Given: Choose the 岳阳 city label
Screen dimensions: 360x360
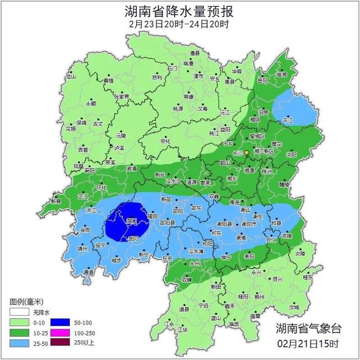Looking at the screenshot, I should tap(263, 80).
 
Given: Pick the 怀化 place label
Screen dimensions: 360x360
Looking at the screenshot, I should tap(101, 187).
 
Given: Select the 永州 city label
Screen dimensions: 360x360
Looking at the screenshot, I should tap(195, 263).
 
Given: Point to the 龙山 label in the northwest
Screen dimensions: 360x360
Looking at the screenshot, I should tap(71, 76).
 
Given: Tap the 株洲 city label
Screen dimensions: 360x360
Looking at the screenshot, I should tap(268, 171).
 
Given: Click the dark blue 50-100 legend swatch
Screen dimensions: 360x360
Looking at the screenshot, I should tap(60, 322).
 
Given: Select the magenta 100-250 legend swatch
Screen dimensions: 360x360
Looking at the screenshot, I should tap(60, 333).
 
